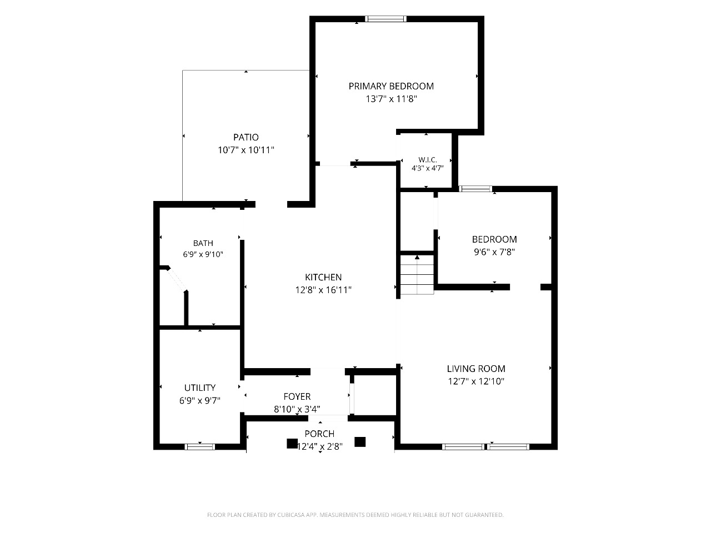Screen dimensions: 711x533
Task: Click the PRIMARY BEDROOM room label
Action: coord(391,86)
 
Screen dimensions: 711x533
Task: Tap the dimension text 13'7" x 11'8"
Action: coord(391,99)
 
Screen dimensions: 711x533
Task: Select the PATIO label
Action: coord(246,137)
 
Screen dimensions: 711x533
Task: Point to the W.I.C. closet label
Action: coord(428,159)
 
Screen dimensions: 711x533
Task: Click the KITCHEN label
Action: coord(323,277)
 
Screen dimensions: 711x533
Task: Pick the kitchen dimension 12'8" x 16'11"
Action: coord(323,290)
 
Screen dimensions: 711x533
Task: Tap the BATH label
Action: coord(203,243)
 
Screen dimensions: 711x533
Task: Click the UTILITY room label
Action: coord(200,388)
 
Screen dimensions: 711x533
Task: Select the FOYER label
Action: coord(297,396)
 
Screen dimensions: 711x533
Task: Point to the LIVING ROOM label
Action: coord(476,369)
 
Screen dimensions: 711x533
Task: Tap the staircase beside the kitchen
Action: coord(417,274)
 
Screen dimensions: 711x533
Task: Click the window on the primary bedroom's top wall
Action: coord(385,19)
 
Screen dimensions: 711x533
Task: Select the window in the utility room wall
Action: coord(200,447)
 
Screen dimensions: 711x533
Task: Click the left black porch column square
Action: coord(292,444)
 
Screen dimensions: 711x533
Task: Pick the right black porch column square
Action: coord(360,442)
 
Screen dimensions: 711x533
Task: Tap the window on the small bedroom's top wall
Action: coord(475,189)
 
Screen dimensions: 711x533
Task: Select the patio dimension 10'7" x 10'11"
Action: coord(246,150)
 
